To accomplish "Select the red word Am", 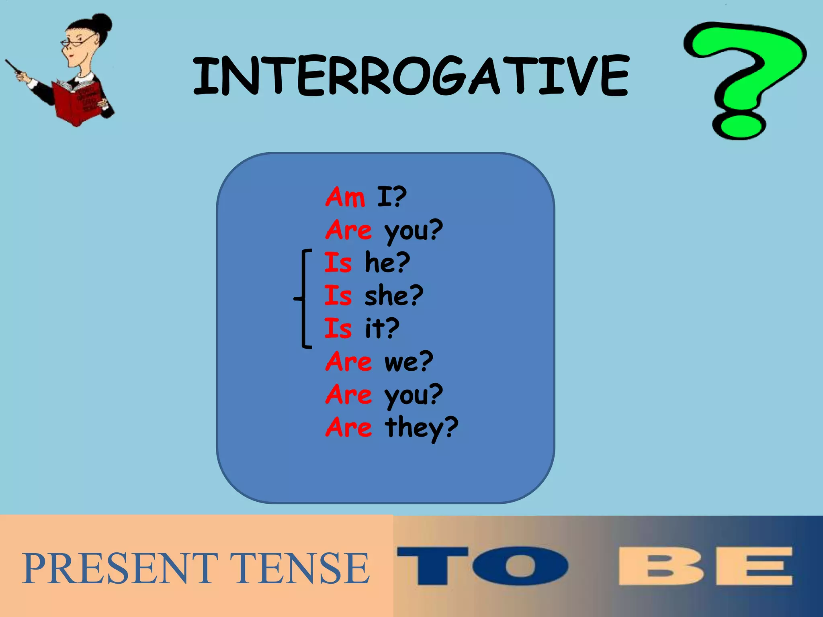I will pos(345,197).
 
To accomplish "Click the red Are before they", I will pos(348,427).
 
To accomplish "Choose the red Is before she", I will pos(338,296).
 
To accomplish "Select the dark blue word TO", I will pos(482,566).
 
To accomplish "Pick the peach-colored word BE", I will pos(705,566).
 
